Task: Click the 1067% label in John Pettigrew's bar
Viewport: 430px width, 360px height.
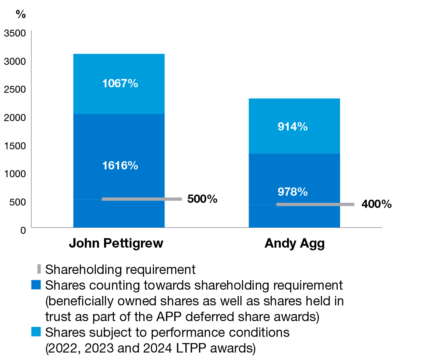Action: (120, 83)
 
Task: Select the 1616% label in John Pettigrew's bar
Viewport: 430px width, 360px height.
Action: (120, 165)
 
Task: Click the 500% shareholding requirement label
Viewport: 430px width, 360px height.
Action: (202, 199)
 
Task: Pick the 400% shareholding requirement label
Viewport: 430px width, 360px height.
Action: (376, 204)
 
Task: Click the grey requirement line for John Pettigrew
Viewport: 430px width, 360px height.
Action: (141, 199)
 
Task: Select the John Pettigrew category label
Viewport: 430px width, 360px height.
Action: (116, 243)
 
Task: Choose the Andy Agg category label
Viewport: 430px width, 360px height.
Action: (295, 243)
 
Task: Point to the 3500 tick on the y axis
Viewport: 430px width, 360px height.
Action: (15, 33)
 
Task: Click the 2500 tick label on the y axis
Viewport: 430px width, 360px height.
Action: (15, 90)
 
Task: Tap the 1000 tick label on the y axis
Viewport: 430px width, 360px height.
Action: (15, 174)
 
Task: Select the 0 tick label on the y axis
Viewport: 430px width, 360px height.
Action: (23, 230)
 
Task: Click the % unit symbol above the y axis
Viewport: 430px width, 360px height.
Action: (20, 14)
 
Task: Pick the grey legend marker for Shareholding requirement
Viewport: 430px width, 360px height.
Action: (39, 269)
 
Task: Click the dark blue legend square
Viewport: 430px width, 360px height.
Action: (36, 285)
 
